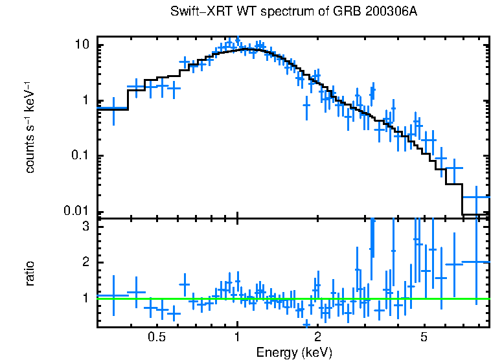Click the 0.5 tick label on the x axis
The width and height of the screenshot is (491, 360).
point(157,337)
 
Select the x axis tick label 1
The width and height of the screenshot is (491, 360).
point(238,337)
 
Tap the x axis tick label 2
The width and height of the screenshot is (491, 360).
point(318,337)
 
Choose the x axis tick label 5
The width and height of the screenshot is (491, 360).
point(424,337)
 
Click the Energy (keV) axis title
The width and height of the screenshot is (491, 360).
point(294,352)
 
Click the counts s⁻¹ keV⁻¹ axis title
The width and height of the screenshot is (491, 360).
point(30,127)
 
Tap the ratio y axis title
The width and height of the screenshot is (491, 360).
point(30,273)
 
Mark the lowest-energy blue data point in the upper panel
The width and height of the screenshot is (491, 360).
point(113,108)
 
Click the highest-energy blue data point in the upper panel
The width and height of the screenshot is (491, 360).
point(477,196)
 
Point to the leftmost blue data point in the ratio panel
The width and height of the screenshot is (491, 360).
point(113,296)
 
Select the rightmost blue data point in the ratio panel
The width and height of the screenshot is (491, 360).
point(477,262)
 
